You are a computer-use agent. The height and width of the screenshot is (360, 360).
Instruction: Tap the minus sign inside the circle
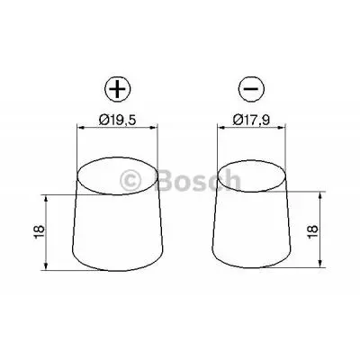tap(251, 88)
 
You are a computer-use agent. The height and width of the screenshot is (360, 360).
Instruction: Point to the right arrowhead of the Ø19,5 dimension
tap(155, 129)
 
